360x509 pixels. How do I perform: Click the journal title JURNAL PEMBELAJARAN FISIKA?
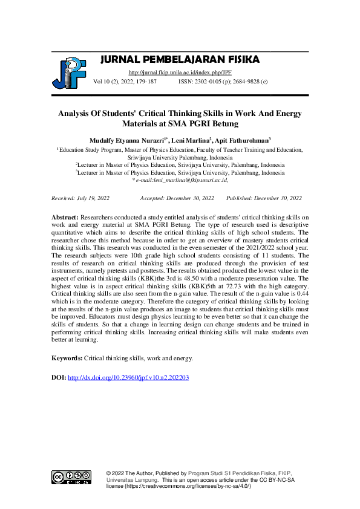point(180,59)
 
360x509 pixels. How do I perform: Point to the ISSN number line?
point(223,80)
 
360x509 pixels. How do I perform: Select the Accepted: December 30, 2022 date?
point(177,198)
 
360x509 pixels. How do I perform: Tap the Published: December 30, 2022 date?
point(264,198)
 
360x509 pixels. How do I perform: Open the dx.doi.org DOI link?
point(128,378)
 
